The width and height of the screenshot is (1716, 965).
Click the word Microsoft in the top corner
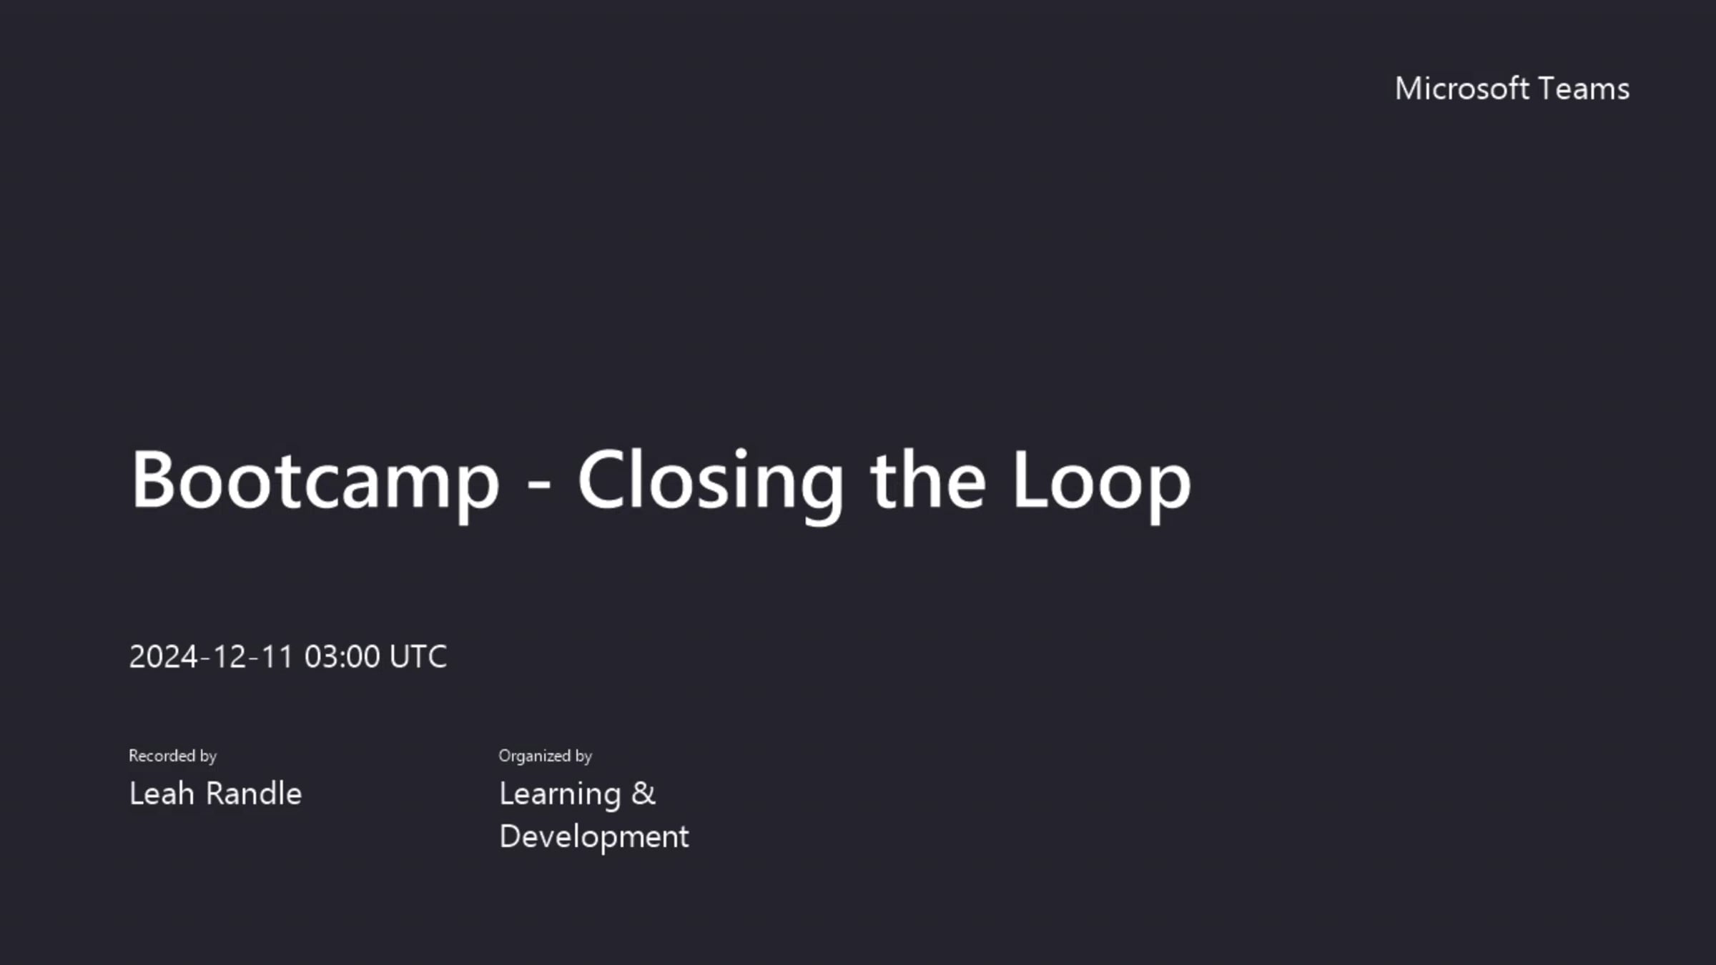click(1461, 89)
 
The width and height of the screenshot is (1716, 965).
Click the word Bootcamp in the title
click(315, 480)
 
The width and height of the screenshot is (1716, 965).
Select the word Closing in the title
click(710, 480)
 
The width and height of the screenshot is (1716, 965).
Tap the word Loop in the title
click(1102, 480)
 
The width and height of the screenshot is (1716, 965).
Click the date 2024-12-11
click(211, 656)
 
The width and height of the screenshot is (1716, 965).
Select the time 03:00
click(342, 656)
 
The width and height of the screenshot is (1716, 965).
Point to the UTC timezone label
click(418, 656)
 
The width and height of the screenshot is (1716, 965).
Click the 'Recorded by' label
click(172, 756)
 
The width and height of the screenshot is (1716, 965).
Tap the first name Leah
click(162, 793)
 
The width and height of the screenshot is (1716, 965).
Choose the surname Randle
click(254, 793)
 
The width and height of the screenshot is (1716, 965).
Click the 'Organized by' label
click(545, 756)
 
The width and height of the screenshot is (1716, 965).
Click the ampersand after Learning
click(643, 793)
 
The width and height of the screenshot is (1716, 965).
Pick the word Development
click(593, 836)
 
